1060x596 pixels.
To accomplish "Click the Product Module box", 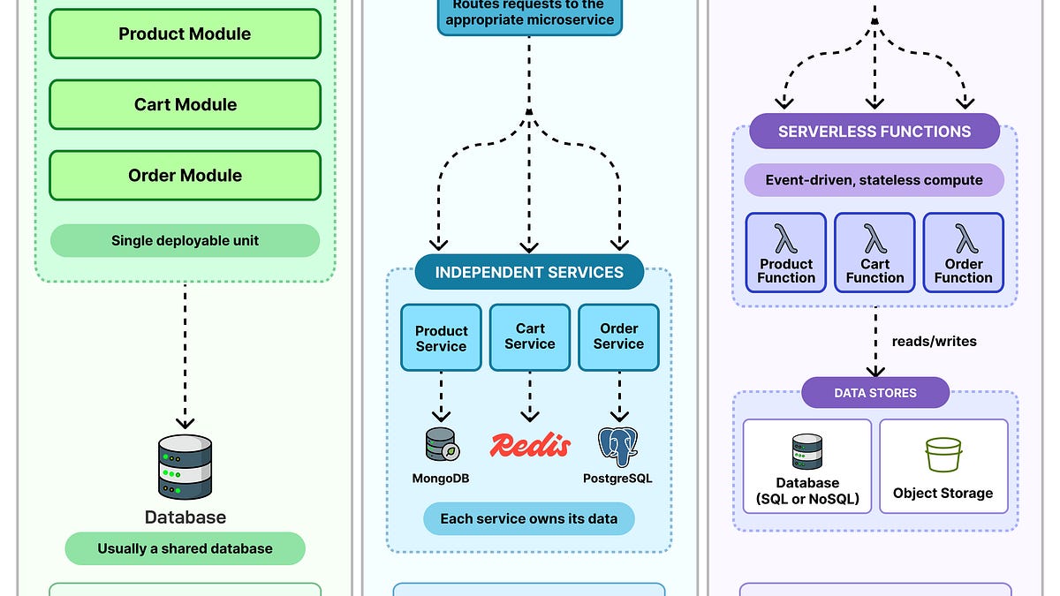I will [x=185, y=34].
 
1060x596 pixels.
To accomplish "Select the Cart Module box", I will [x=185, y=105].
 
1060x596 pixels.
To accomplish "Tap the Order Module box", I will [x=185, y=176].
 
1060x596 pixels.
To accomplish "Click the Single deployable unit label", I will [x=185, y=240].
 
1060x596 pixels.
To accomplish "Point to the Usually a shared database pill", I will [x=185, y=548].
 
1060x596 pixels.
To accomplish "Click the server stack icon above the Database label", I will [x=185, y=467].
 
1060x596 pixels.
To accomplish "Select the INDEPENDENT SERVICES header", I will [x=529, y=273].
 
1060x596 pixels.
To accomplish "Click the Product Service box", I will [x=441, y=337].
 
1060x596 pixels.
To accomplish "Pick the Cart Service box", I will [x=530, y=337].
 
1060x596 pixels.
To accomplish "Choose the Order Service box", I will [x=618, y=337].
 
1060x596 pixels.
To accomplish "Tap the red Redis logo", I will [x=530, y=445].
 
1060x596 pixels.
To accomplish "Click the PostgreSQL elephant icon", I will [x=618, y=447].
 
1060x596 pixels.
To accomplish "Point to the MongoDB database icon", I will [x=440, y=445].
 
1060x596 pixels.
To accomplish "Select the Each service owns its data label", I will [x=528, y=518].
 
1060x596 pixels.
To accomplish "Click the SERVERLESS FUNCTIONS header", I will [x=874, y=132].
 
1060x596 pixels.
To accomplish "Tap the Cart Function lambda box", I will [x=874, y=253].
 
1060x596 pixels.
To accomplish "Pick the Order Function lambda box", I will [x=963, y=253].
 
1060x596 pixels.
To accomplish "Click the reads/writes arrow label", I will [x=934, y=341].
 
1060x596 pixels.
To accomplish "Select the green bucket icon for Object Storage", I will [x=943, y=455].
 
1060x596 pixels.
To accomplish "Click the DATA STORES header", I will [x=874, y=393].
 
